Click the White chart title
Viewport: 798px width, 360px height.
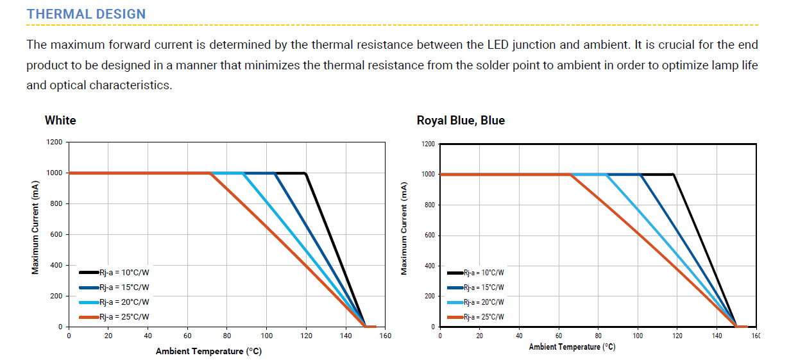pos(60,120)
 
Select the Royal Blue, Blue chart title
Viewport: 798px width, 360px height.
pos(461,120)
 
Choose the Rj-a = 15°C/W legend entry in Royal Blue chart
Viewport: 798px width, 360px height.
pos(484,287)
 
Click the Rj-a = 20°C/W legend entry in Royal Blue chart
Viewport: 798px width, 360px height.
pos(484,302)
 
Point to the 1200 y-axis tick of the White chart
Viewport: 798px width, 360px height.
pos(54,142)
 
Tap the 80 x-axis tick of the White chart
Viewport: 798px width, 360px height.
pos(227,336)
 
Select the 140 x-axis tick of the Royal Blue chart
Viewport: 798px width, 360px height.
pos(717,336)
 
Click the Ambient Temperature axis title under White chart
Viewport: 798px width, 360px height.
pos(208,351)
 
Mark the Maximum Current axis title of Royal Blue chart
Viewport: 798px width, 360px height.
pos(404,228)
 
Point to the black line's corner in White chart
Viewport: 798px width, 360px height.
pos(305,173)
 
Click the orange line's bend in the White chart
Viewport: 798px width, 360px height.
pos(210,173)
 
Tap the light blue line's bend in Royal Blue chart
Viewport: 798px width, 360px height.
pos(607,175)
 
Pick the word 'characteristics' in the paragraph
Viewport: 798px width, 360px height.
pos(130,85)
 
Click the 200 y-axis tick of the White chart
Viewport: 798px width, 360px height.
pos(56,296)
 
